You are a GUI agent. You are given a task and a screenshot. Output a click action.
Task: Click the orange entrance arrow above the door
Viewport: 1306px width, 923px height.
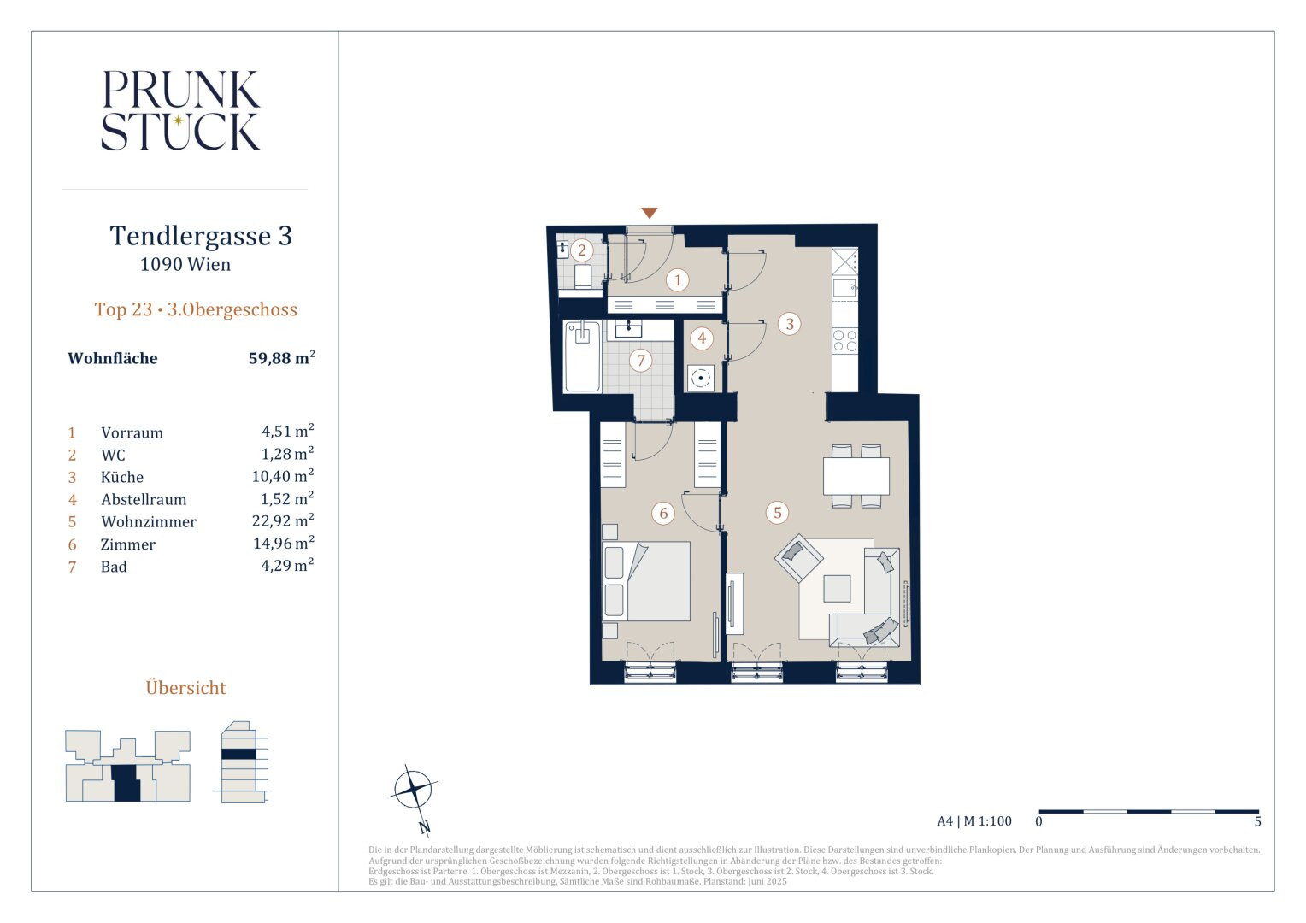click(649, 213)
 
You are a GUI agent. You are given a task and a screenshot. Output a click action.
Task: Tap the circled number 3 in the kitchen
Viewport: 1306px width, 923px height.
click(790, 324)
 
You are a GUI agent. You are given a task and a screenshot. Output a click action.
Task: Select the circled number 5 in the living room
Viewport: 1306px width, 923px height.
click(777, 513)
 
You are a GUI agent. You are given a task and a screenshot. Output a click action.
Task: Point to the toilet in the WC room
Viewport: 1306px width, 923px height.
click(583, 276)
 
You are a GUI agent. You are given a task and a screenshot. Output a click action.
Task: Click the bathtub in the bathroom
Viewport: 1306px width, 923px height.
click(582, 356)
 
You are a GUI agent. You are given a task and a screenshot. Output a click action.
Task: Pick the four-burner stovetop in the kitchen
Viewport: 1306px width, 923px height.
click(844, 340)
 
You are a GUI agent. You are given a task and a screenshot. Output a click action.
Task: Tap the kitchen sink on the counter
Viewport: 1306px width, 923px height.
click(844, 287)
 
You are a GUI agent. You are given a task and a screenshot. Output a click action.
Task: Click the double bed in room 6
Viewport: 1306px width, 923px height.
click(646, 581)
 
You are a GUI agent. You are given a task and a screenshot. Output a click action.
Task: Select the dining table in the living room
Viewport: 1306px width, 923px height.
click(856, 476)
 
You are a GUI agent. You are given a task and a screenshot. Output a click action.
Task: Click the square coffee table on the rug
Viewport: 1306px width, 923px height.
click(837, 588)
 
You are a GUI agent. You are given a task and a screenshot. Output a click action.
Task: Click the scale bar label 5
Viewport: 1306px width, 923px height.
click(1257, 821)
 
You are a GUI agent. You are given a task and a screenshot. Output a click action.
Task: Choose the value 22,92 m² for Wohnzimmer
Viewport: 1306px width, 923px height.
click(283, 520)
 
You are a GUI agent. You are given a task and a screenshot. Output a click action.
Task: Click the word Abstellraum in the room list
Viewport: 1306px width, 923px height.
click(144, 500)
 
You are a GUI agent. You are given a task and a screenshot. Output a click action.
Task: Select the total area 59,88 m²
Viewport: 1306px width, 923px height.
click(282, 357)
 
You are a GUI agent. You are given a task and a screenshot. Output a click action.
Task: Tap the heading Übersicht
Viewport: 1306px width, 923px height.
click(186, 687)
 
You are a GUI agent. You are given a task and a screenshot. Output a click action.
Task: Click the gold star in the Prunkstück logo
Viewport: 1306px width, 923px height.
click(179, 121)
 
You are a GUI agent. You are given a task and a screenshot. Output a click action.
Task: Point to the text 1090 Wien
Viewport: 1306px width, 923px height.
click(185, 264)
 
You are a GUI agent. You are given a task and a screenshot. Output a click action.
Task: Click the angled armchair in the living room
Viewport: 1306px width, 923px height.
click(799, 558)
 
